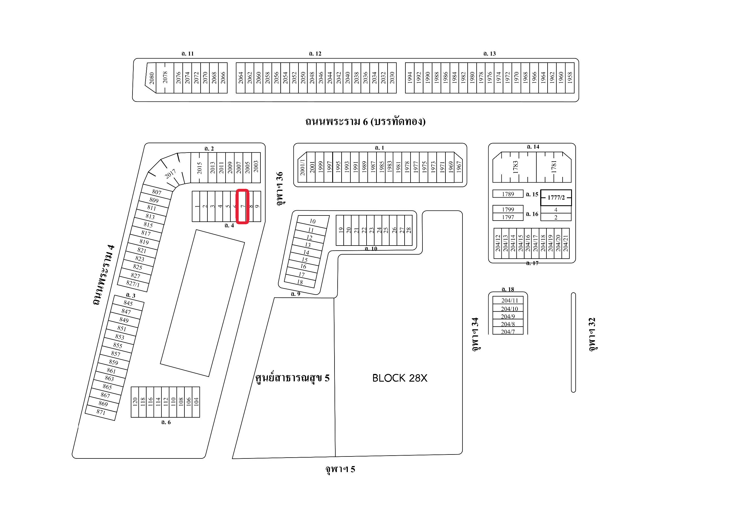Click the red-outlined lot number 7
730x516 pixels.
pyautogui.click(x=242, y=206)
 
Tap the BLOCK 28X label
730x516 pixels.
pyautogui.click(x=400, y=378)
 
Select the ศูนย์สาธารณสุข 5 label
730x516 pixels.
pyautogui.click(x=292, y=378)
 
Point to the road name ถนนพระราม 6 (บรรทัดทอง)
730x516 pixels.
pyautogui.click(x=365, y=122)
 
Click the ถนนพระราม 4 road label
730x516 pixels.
pyautogui.click(x=104, y=274)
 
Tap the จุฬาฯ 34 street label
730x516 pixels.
pyautogui.click(x=475, y=334)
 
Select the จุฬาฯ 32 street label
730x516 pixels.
pyautogui.click(x=592, y=334)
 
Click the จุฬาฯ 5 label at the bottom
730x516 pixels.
pyautogui.click(x=340, y=469)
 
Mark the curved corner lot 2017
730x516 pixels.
pyautogui.click(x=170, y=174)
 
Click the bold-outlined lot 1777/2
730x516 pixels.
pyautogui.click(x=556, y=198)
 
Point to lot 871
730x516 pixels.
pyautogui.click(x=101, y=412)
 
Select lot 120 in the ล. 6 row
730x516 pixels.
pyautogui.click(x=135, y=402)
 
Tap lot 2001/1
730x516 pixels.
pyautogui.click(x=302, y=168)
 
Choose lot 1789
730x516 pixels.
pyautogui.click(x=508, y=194)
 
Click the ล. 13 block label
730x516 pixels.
pyautogui.click(x=489, y=54)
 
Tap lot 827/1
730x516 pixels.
pyautogui.click(x=133, y=284)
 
